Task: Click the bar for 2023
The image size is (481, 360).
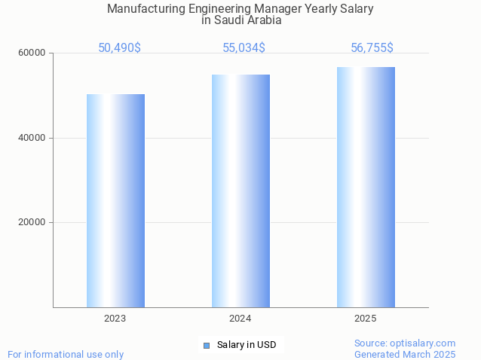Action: [x=115, y=200]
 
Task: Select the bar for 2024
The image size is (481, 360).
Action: [x=240, y=191]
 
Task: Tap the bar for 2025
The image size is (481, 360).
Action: [x=366, y=187]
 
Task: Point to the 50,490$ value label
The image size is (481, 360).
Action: [x=119, y=48]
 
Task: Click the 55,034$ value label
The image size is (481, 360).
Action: [x=244, y=48]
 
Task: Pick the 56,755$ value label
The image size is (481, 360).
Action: [x=372, y=48]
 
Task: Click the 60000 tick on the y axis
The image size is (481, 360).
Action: [x=32, y=53]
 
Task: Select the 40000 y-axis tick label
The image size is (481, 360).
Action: [x=32, y=138]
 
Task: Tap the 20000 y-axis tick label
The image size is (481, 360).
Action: [x=32, y=223]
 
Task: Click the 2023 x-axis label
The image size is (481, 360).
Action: [x=115, y=319]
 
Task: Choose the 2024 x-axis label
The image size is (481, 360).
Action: [x=240, y=319]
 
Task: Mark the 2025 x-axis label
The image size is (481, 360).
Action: [x=366, y=319]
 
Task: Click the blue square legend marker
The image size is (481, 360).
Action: [x=206, y=346]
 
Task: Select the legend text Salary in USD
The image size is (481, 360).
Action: [x=247, y=346]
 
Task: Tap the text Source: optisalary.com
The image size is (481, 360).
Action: [x=405, y=343]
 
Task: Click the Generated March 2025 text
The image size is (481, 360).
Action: [x=405, y=355]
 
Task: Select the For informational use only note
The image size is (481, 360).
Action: [x=66, y=355]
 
